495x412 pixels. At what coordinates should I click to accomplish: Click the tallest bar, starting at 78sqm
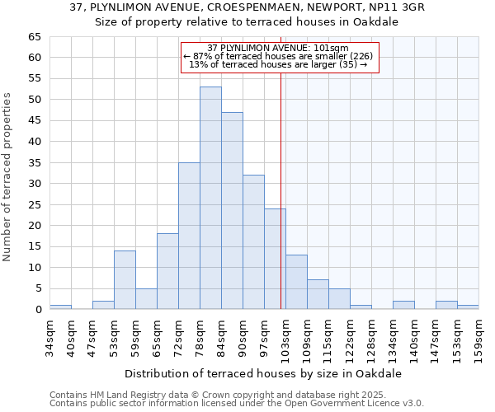click(x=210, y=198)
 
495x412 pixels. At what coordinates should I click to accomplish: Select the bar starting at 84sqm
click(x=232, y=211)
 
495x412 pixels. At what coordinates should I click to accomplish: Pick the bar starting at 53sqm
click(x=125, y=280)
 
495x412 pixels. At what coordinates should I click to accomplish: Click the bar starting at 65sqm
click(x=167, y=271)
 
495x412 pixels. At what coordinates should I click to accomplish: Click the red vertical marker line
click(x=281, y=165)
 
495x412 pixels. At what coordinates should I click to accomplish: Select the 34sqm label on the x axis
click(x=50, y=336)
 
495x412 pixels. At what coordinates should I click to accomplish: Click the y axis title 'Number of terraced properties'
click(x=8, y=176)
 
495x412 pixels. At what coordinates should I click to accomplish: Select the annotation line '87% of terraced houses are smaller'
click(x=280, y=56)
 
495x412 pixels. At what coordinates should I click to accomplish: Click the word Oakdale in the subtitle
click(x=378, y=22)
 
